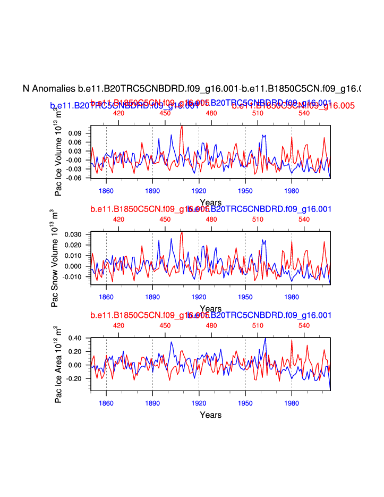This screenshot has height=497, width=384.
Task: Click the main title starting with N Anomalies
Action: (192, 88)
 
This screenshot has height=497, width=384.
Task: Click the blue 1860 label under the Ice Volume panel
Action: (106, 190)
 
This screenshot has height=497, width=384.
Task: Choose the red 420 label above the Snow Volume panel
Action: (118, 219)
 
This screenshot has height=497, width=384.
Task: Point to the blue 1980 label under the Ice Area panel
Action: (292, 402)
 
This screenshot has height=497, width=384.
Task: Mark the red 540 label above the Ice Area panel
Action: (304, 325)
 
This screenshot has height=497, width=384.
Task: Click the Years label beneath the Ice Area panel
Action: (210, 415)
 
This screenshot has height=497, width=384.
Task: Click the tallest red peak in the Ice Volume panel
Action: (182, 126)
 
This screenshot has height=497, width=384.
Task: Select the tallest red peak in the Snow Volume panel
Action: (182, 232)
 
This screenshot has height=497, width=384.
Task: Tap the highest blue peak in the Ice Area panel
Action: (265, 338)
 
